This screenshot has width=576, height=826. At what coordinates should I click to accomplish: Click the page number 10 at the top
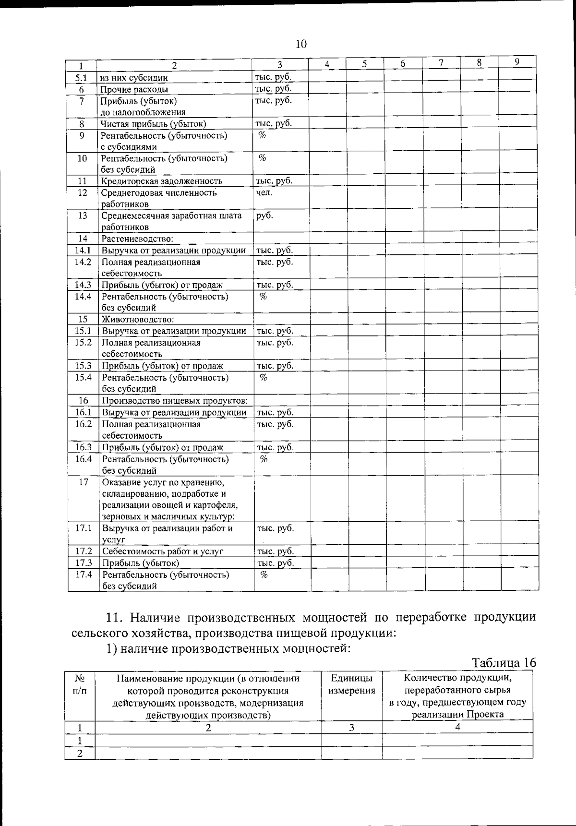(x=300, y=45)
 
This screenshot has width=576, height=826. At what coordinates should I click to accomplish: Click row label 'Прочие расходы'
(x=134, y=89)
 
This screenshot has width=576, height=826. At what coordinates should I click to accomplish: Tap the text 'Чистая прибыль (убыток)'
(x=153, y=124)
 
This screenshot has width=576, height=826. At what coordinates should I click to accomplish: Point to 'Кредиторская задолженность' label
(x=161, y=181)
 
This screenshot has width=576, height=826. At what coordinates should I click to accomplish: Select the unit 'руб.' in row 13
(x=264, y=215)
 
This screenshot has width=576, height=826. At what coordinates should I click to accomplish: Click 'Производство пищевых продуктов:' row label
(x=175, y=401)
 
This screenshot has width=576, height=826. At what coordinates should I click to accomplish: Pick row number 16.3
(x=83, y=447)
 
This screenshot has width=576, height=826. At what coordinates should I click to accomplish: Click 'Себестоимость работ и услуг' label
(x=163, y=551)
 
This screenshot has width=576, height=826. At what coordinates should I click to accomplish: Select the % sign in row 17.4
(x=264, y=575)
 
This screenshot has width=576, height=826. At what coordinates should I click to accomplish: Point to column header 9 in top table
(x=516, y=62)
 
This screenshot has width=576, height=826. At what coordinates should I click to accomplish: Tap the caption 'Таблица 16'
(x=504, y=663)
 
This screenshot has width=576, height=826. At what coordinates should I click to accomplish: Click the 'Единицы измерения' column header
(x=351, y=684)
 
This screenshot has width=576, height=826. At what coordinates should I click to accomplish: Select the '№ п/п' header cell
(x=80, y=684)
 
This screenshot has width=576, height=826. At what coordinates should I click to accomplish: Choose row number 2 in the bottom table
(x=80, y=753)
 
